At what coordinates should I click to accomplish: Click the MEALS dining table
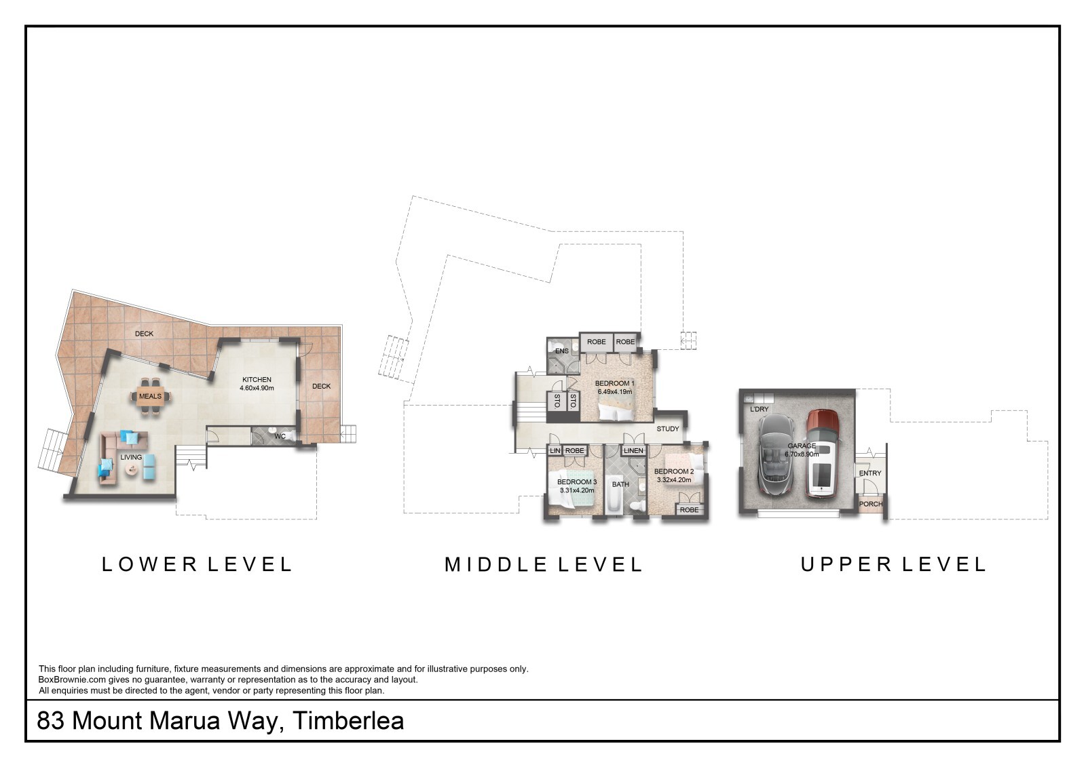point(150,396)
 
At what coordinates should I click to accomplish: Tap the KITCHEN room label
point(257,379)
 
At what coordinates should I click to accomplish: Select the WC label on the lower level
point(280,436)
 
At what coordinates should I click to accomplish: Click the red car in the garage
point(822,454)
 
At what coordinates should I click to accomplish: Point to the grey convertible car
point(775,454)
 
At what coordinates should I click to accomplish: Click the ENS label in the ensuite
point(562,351)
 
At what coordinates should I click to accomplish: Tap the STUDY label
point(668,429)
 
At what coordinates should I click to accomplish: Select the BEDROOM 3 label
point(577,481)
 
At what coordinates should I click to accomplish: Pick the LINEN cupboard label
point(634,450)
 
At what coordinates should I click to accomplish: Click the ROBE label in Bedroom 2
point(689,510)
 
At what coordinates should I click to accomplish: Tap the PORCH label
point(871,504)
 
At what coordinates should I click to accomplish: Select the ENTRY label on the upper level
point(870,473)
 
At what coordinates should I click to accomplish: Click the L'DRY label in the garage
point(760,409)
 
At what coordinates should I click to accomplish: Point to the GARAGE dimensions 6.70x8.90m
point(802,454)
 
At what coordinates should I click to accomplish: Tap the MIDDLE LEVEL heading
point(544,564)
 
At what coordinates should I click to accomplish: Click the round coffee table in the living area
point(132,469)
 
